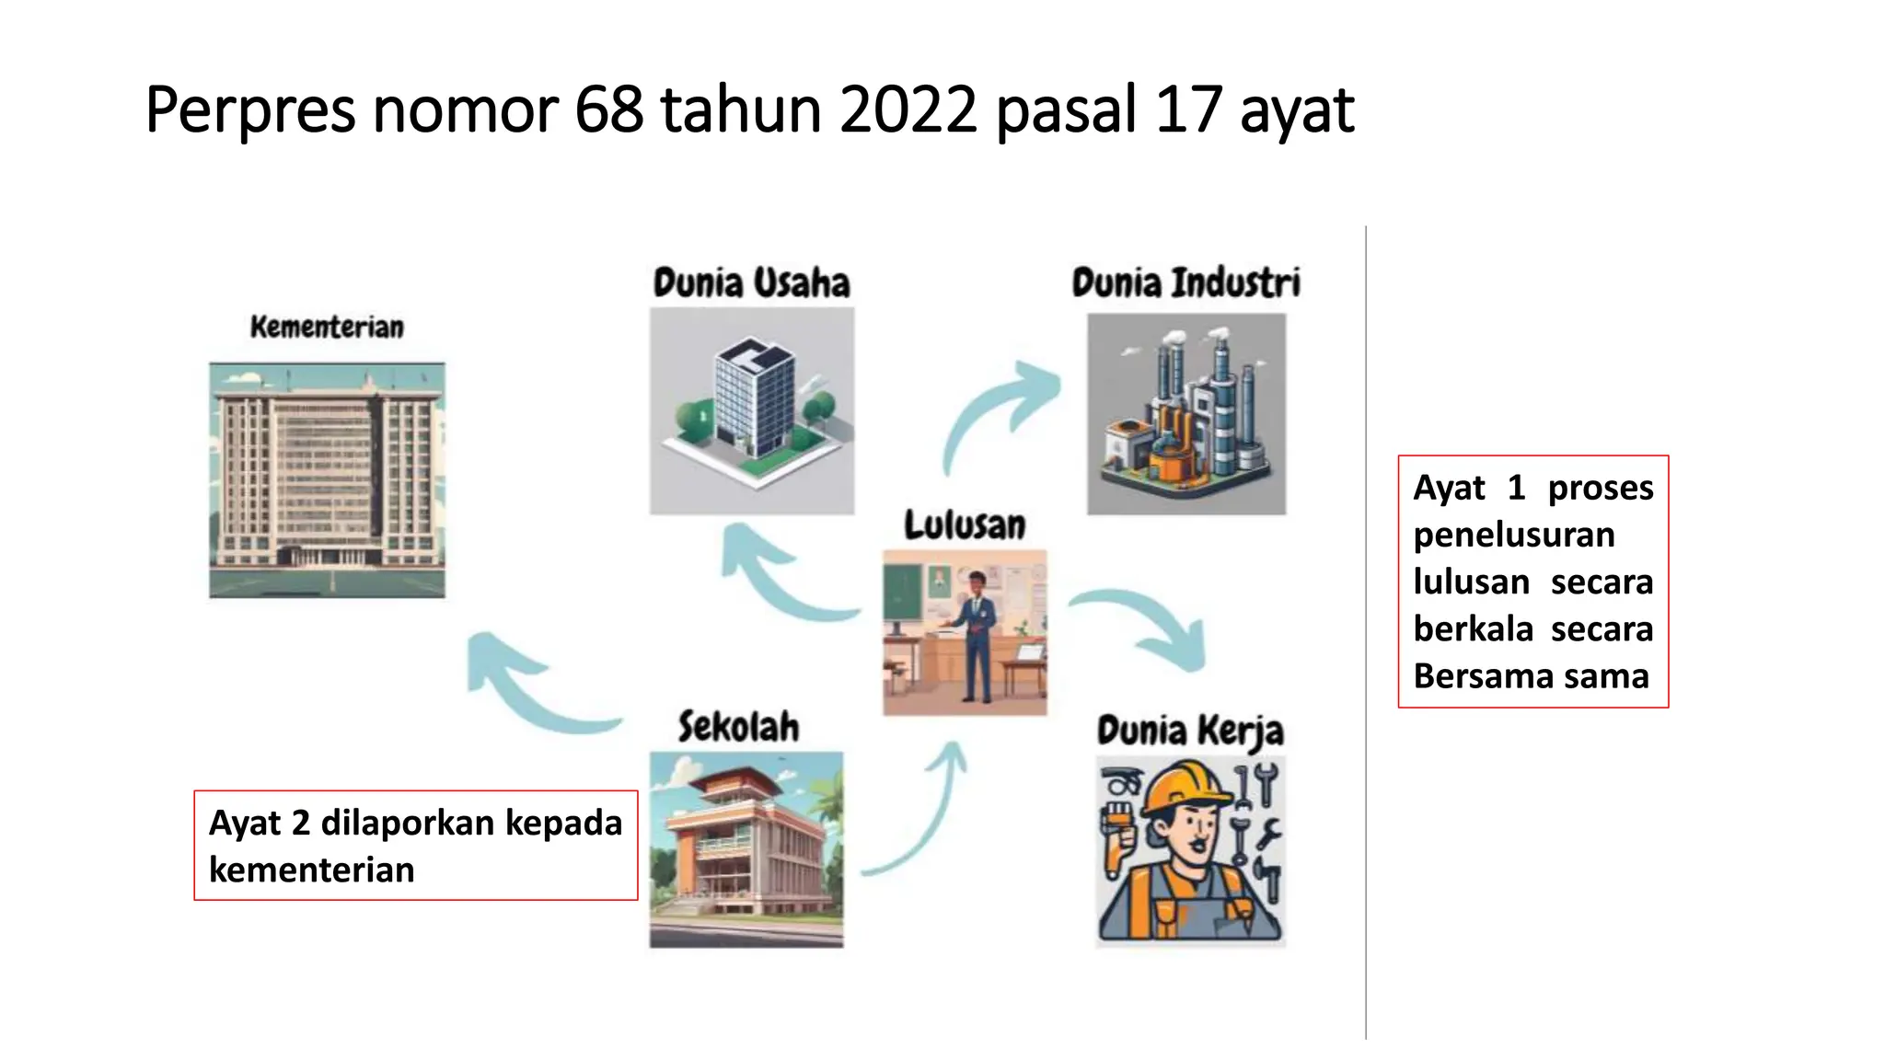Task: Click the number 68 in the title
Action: click(608, 109)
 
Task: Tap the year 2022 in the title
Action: click(908, 109)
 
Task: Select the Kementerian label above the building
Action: click(327, 327)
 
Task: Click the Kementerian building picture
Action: click(327, 479)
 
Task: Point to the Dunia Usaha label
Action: click(751, 282)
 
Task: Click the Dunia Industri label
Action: click(1185, 282)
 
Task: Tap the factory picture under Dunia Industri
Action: click(1186, 414)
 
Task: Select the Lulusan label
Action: click(964, 525)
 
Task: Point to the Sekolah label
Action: click(738, 727)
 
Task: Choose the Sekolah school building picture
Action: click(746, 849)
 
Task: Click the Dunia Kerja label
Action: click(1189, 732)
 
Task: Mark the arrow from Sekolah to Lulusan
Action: click(920, 819)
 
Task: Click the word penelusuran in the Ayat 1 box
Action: click(1514, 535)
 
